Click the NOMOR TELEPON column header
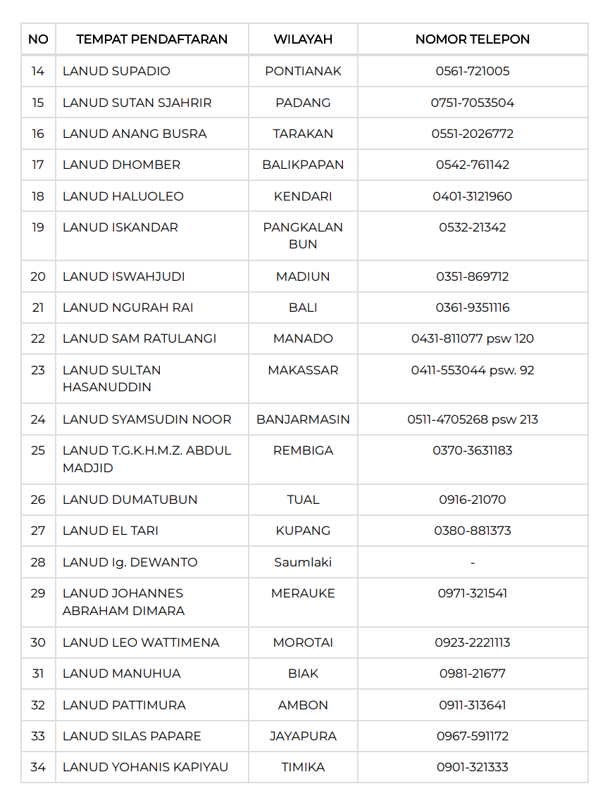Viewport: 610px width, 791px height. click(x=472, y=39)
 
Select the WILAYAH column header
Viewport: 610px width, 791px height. click(x=303, y=39)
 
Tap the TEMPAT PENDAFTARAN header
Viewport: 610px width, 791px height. click(x=151, y=39)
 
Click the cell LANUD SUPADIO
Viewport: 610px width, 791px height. click(x=116, y=71)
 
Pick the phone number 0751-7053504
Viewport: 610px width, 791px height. click(x=472, y=103)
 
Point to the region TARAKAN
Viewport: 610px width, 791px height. click(x=303, y=134)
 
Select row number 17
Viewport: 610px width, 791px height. click(x=38, y=165)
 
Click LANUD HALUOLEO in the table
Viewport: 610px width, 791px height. click(x=123, y=196)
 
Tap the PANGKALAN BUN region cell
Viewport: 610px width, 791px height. click(x=303, y=236)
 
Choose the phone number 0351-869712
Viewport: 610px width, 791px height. click(x=472, y=277)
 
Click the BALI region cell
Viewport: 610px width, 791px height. click(x=303, y=308)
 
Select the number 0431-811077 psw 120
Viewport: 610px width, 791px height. click(x=472, y=338)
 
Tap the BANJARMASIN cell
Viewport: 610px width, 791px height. click(x=303, y=419)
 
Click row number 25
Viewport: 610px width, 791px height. click(x=38, y=450)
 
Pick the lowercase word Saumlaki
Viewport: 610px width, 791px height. click(x=303, y=562)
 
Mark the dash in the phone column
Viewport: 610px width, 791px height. click(x=472, y=562)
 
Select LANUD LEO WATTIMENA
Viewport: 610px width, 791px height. click(x=141, y=643)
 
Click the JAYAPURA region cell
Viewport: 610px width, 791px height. click(x=303, y=736)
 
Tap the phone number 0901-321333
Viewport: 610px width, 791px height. click(x=472, y=767)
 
